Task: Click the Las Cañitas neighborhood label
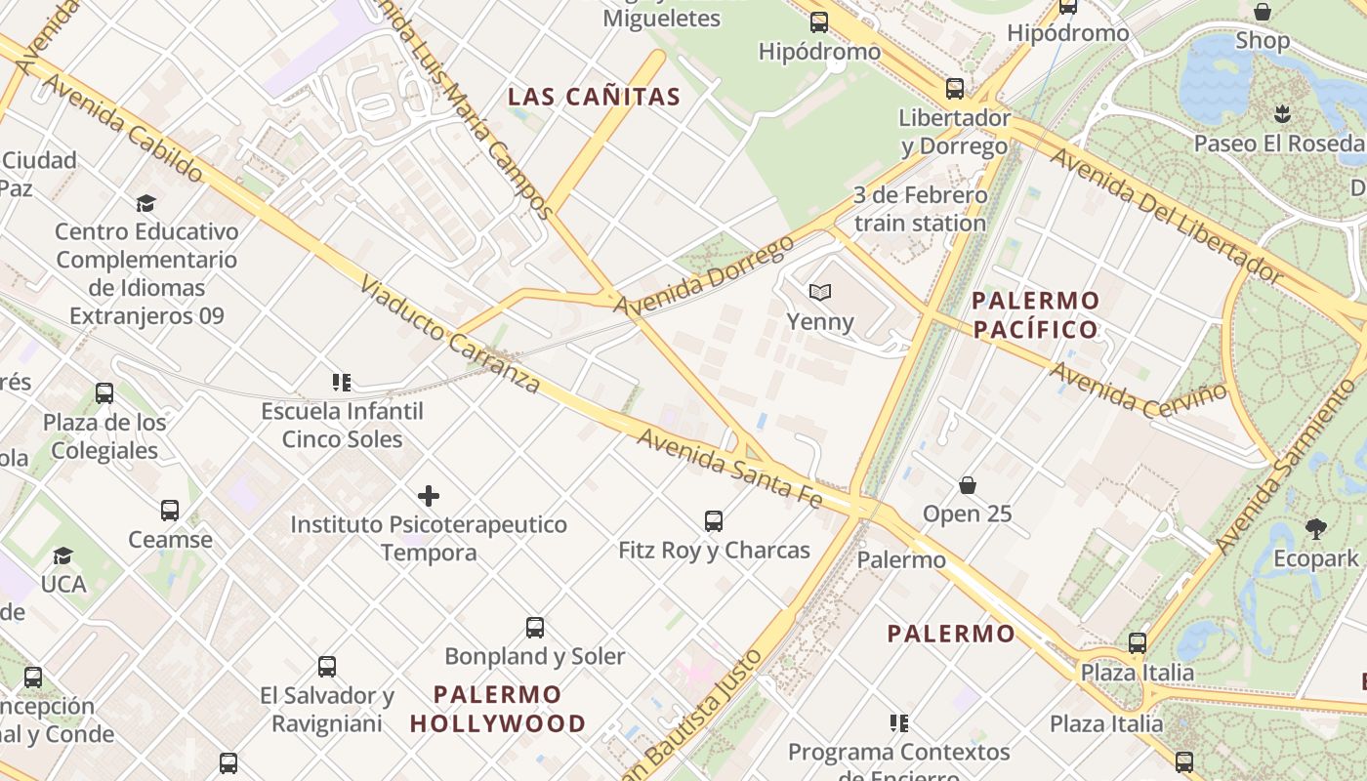point(594,97)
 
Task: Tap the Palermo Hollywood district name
point(498,709)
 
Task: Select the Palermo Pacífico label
point(1036,314)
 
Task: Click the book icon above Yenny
point(820,292)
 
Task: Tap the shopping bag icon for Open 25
point(968,485)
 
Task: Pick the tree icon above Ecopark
point(1315,529)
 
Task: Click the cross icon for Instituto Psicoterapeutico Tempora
point(428,496)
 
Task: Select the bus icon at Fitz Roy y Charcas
point(714,521)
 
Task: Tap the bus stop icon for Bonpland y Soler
point(534,628)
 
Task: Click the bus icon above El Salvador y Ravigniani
point(327,667)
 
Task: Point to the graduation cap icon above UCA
point(63,555)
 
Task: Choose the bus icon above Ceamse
point(170,511)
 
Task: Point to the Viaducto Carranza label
point(449,335)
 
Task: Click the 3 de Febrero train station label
point(920,209)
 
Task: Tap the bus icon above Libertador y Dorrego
point(954,89)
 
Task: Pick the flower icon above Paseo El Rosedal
point(1282,114)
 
